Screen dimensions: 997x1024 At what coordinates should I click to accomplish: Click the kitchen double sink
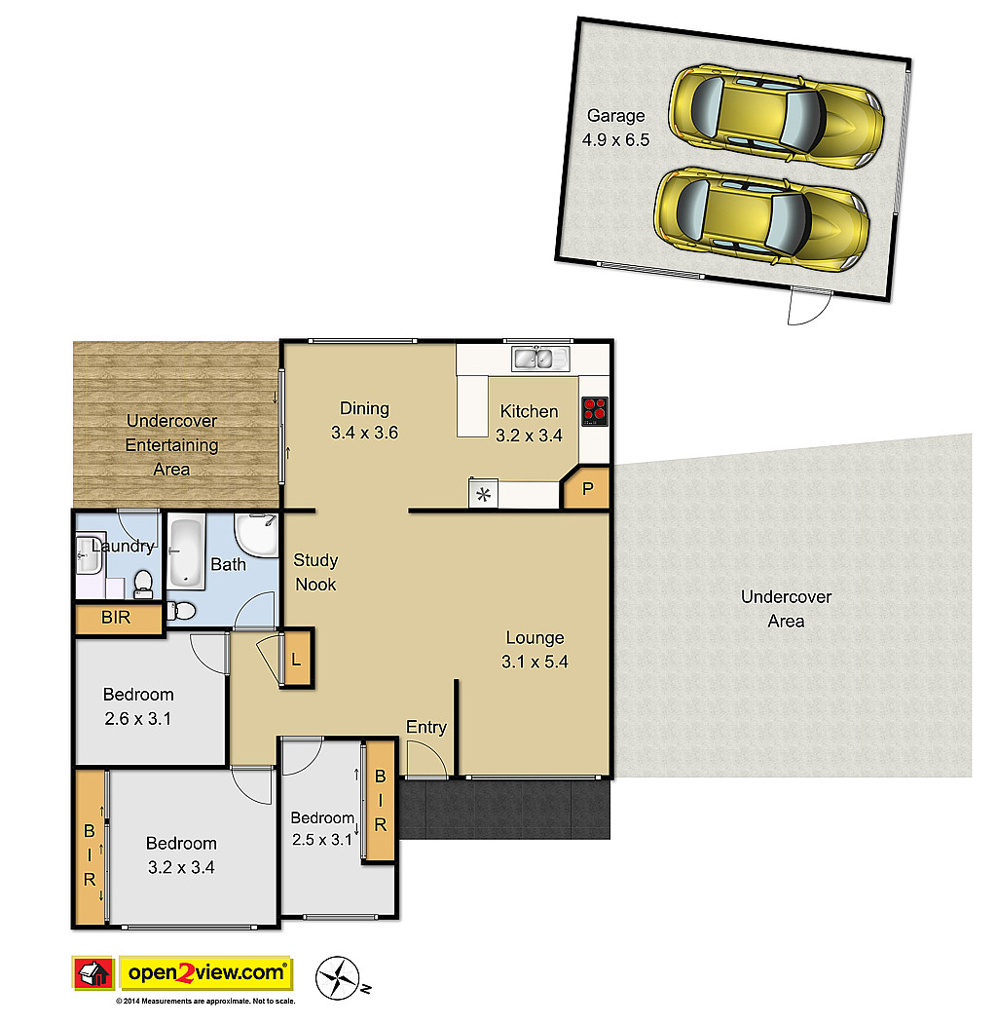(541, 359)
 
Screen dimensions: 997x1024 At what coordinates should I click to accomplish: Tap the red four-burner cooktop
(595, 411)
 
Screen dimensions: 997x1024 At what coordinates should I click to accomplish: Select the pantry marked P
(586, 487)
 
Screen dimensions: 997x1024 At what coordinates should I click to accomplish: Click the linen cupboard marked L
(297, 659)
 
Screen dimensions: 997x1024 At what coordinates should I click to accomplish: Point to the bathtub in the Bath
(186, 552)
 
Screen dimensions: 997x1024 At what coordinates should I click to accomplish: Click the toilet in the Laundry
(143, 584)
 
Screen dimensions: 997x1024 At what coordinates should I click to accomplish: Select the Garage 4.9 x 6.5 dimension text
(615, 139)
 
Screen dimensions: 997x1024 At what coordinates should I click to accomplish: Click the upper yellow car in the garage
(776, 116)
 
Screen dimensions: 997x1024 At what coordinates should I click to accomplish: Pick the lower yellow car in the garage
(761, 219)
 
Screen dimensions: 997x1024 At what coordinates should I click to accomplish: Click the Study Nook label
(315, 572)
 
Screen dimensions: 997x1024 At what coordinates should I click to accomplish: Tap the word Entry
(426, 727)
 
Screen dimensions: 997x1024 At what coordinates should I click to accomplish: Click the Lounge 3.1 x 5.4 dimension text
(535, 662)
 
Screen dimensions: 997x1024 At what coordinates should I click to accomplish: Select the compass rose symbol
(338, 977)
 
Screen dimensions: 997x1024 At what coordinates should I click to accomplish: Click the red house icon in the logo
(93, 973)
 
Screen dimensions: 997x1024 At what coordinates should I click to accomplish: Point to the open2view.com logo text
(206, 973)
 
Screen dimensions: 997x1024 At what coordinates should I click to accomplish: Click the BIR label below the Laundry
(116, 617)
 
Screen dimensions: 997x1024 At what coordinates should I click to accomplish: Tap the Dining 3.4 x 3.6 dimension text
(364, 433)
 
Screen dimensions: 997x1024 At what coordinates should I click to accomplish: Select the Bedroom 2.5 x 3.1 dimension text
(322, 840)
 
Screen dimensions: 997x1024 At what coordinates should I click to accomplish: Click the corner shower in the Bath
(256, 535)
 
